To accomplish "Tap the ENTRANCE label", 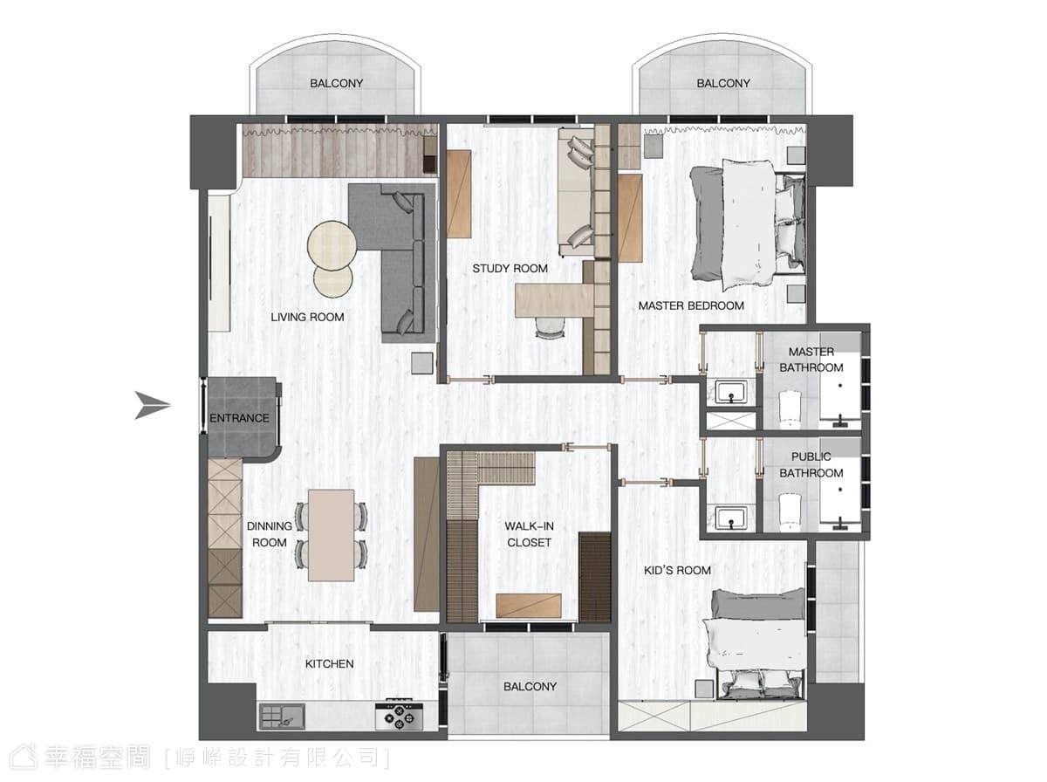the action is tap(239, 418).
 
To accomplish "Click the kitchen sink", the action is tap(282, 716).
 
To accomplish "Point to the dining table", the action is tap(331, 535).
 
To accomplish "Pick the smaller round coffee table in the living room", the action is tap(333, 278).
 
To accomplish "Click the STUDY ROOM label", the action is tap(510, 269).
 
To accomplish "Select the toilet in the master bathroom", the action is tap(789, 409).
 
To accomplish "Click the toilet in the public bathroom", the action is tap(789, 512).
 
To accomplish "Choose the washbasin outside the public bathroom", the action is tap(731, 518).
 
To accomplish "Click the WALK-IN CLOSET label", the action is tap(529, 534).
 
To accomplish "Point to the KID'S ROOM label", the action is tap(677, 570).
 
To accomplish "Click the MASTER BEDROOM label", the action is tap(691, 305).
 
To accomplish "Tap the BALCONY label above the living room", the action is tap(336, 84).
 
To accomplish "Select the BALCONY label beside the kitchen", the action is tap(530, 687).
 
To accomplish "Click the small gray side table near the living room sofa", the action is tap(422, 363).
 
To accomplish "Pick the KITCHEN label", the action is tap(329, 663).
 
